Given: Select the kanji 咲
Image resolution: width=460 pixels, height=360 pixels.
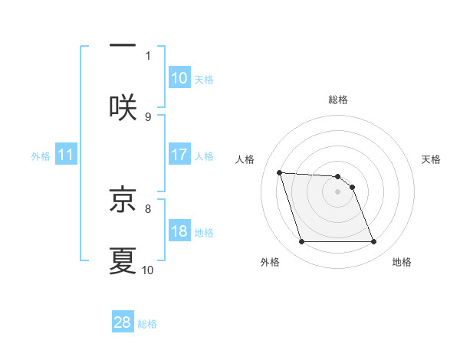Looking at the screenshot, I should click(123, 106).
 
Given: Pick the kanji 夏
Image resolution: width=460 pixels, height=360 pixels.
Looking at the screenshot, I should click(123, 260).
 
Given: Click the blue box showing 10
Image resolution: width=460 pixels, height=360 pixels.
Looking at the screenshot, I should click(179, 78).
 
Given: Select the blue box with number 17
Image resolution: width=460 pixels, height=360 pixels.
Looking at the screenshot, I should click(179, 155).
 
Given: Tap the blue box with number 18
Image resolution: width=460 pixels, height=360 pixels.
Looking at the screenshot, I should click(179, 231).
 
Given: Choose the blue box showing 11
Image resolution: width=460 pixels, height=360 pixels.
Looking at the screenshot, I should click(66, 155).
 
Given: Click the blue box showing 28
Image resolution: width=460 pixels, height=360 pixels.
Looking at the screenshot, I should click(123, 322).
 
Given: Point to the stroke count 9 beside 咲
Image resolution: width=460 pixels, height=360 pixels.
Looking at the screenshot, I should click(148, 117).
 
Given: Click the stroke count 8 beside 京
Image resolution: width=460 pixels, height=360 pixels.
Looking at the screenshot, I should click(148, 208).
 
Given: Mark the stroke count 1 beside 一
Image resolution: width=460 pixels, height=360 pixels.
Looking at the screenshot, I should click(148, 55).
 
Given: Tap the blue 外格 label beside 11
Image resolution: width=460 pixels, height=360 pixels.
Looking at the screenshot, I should click(41, 155).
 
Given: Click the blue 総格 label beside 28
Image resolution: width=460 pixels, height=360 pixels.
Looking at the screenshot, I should click(147, 323).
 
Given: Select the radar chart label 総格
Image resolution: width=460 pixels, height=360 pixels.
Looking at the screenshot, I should click(338, 100).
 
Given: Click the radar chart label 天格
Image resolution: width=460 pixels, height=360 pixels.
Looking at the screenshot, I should click(431, 159).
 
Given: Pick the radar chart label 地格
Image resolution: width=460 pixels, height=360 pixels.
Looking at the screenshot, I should click(402, 262).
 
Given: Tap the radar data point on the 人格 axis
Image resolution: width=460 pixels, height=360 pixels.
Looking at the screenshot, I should click(280, 172).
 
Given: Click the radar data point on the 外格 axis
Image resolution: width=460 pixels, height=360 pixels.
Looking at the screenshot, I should click(301, 242).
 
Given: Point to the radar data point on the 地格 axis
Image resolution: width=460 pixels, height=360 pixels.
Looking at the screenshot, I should click(373, 242).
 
